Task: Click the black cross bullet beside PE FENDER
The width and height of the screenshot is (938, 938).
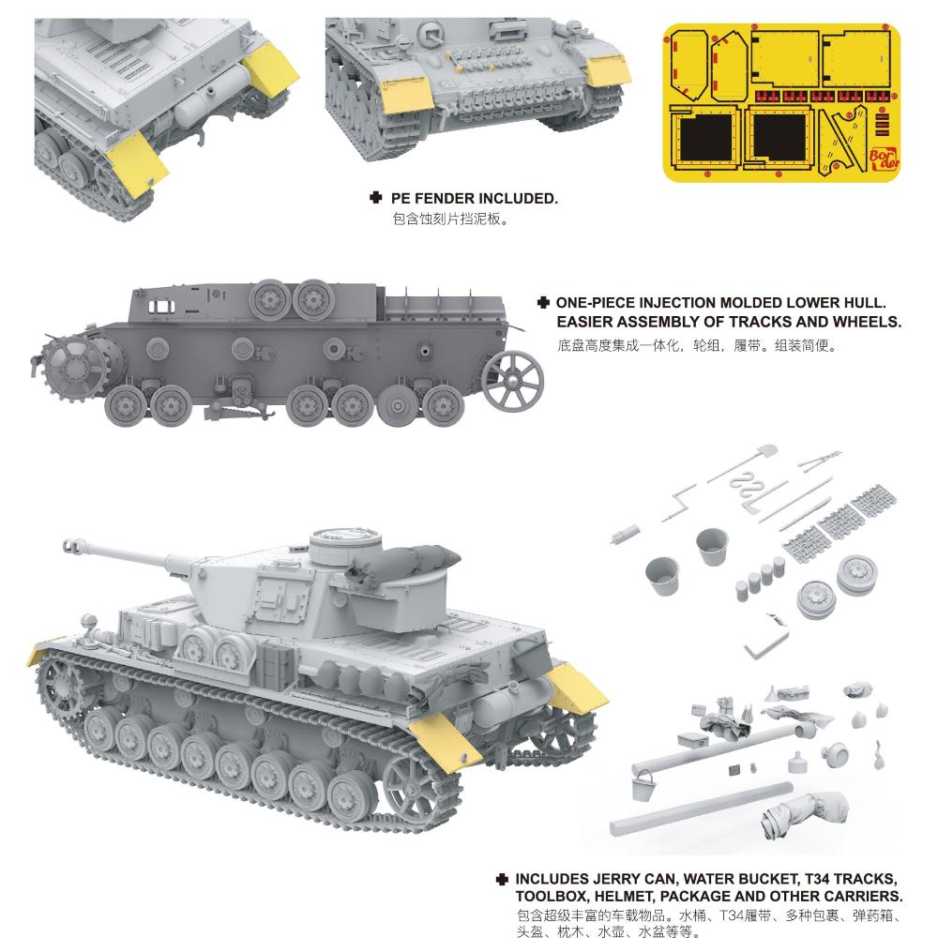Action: click(375, 197)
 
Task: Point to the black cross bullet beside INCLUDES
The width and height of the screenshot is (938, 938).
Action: click(502, 879)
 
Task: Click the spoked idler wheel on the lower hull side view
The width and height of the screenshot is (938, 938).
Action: click(512, 381)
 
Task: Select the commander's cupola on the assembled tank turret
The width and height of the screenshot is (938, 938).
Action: click(346, 547)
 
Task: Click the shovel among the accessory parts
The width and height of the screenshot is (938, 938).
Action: click(741, 463)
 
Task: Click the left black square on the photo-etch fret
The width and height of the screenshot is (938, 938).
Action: click(706, 137)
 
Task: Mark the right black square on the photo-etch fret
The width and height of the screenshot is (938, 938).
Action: click(779, 137)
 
